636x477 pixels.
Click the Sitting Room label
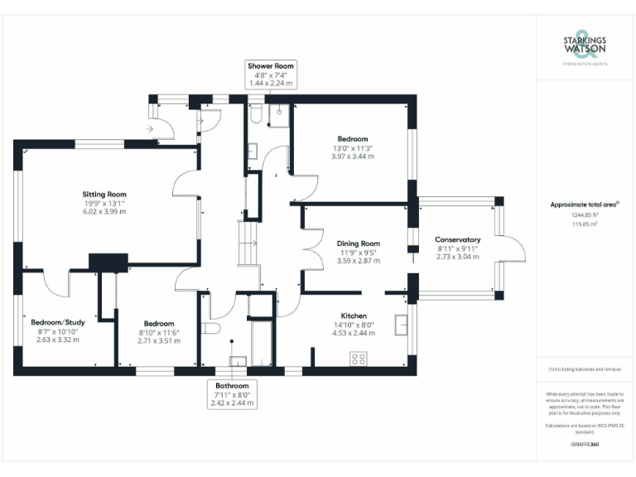tap(104, 194)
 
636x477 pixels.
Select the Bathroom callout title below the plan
tap(233, 386)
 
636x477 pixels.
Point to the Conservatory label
tap(458, 239)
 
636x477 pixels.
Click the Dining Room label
tap(359, 243)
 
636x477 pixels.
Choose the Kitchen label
tap(354, 316)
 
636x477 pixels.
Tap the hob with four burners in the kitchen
tap(359, 359)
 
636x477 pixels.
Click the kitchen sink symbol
tap(403, 324)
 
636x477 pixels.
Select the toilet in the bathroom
tap(212, 329)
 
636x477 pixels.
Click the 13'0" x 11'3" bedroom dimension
tap(353, 147)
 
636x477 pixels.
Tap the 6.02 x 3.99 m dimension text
tap(104, 211)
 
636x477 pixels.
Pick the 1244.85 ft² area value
tap(585, 214)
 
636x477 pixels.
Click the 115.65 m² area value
tap(585, 224)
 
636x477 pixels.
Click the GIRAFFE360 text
tap(585, 445)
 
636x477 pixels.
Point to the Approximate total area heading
tap(585, 203)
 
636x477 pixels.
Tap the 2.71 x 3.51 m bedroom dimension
tap(158, 340)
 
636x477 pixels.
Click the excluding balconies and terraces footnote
tap(585, 369)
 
